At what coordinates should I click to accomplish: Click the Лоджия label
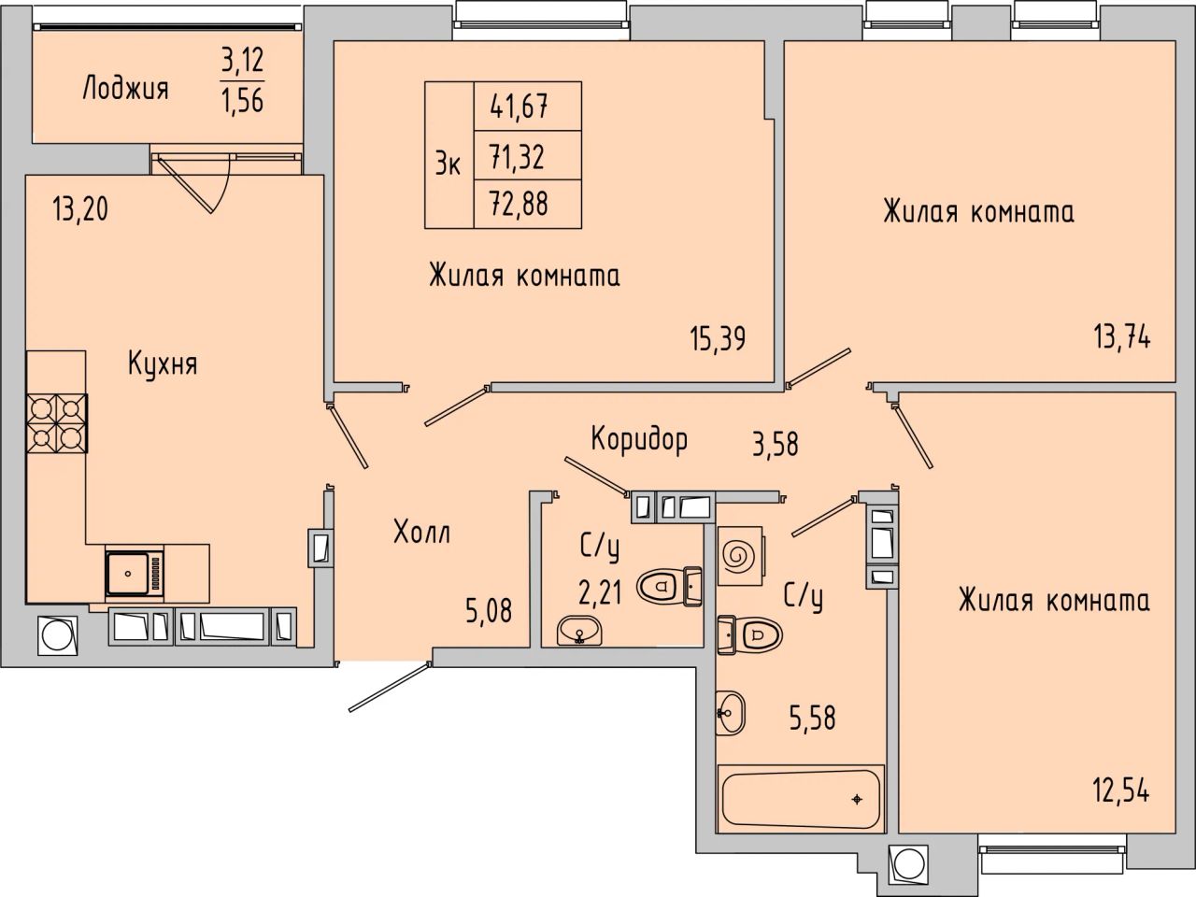(126, 88)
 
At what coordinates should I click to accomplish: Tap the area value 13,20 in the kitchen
(80, 209)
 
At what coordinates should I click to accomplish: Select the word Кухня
(163, 363)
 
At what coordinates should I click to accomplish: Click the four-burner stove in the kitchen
(57, 423)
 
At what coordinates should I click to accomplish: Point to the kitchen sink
(135, 574)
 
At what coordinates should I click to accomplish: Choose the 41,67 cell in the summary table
(520, 107)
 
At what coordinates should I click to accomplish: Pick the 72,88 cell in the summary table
(520, 204)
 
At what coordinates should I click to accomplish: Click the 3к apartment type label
(448, 164)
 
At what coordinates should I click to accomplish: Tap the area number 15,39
(718, 338)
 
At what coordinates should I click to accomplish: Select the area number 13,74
(1122, 335)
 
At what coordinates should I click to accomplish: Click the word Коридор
(639, 439)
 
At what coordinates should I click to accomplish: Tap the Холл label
(421, 533)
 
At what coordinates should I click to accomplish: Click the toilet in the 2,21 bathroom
(670, 587)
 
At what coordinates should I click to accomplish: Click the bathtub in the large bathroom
(801, 799)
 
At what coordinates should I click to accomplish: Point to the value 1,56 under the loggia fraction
(242, 100)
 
